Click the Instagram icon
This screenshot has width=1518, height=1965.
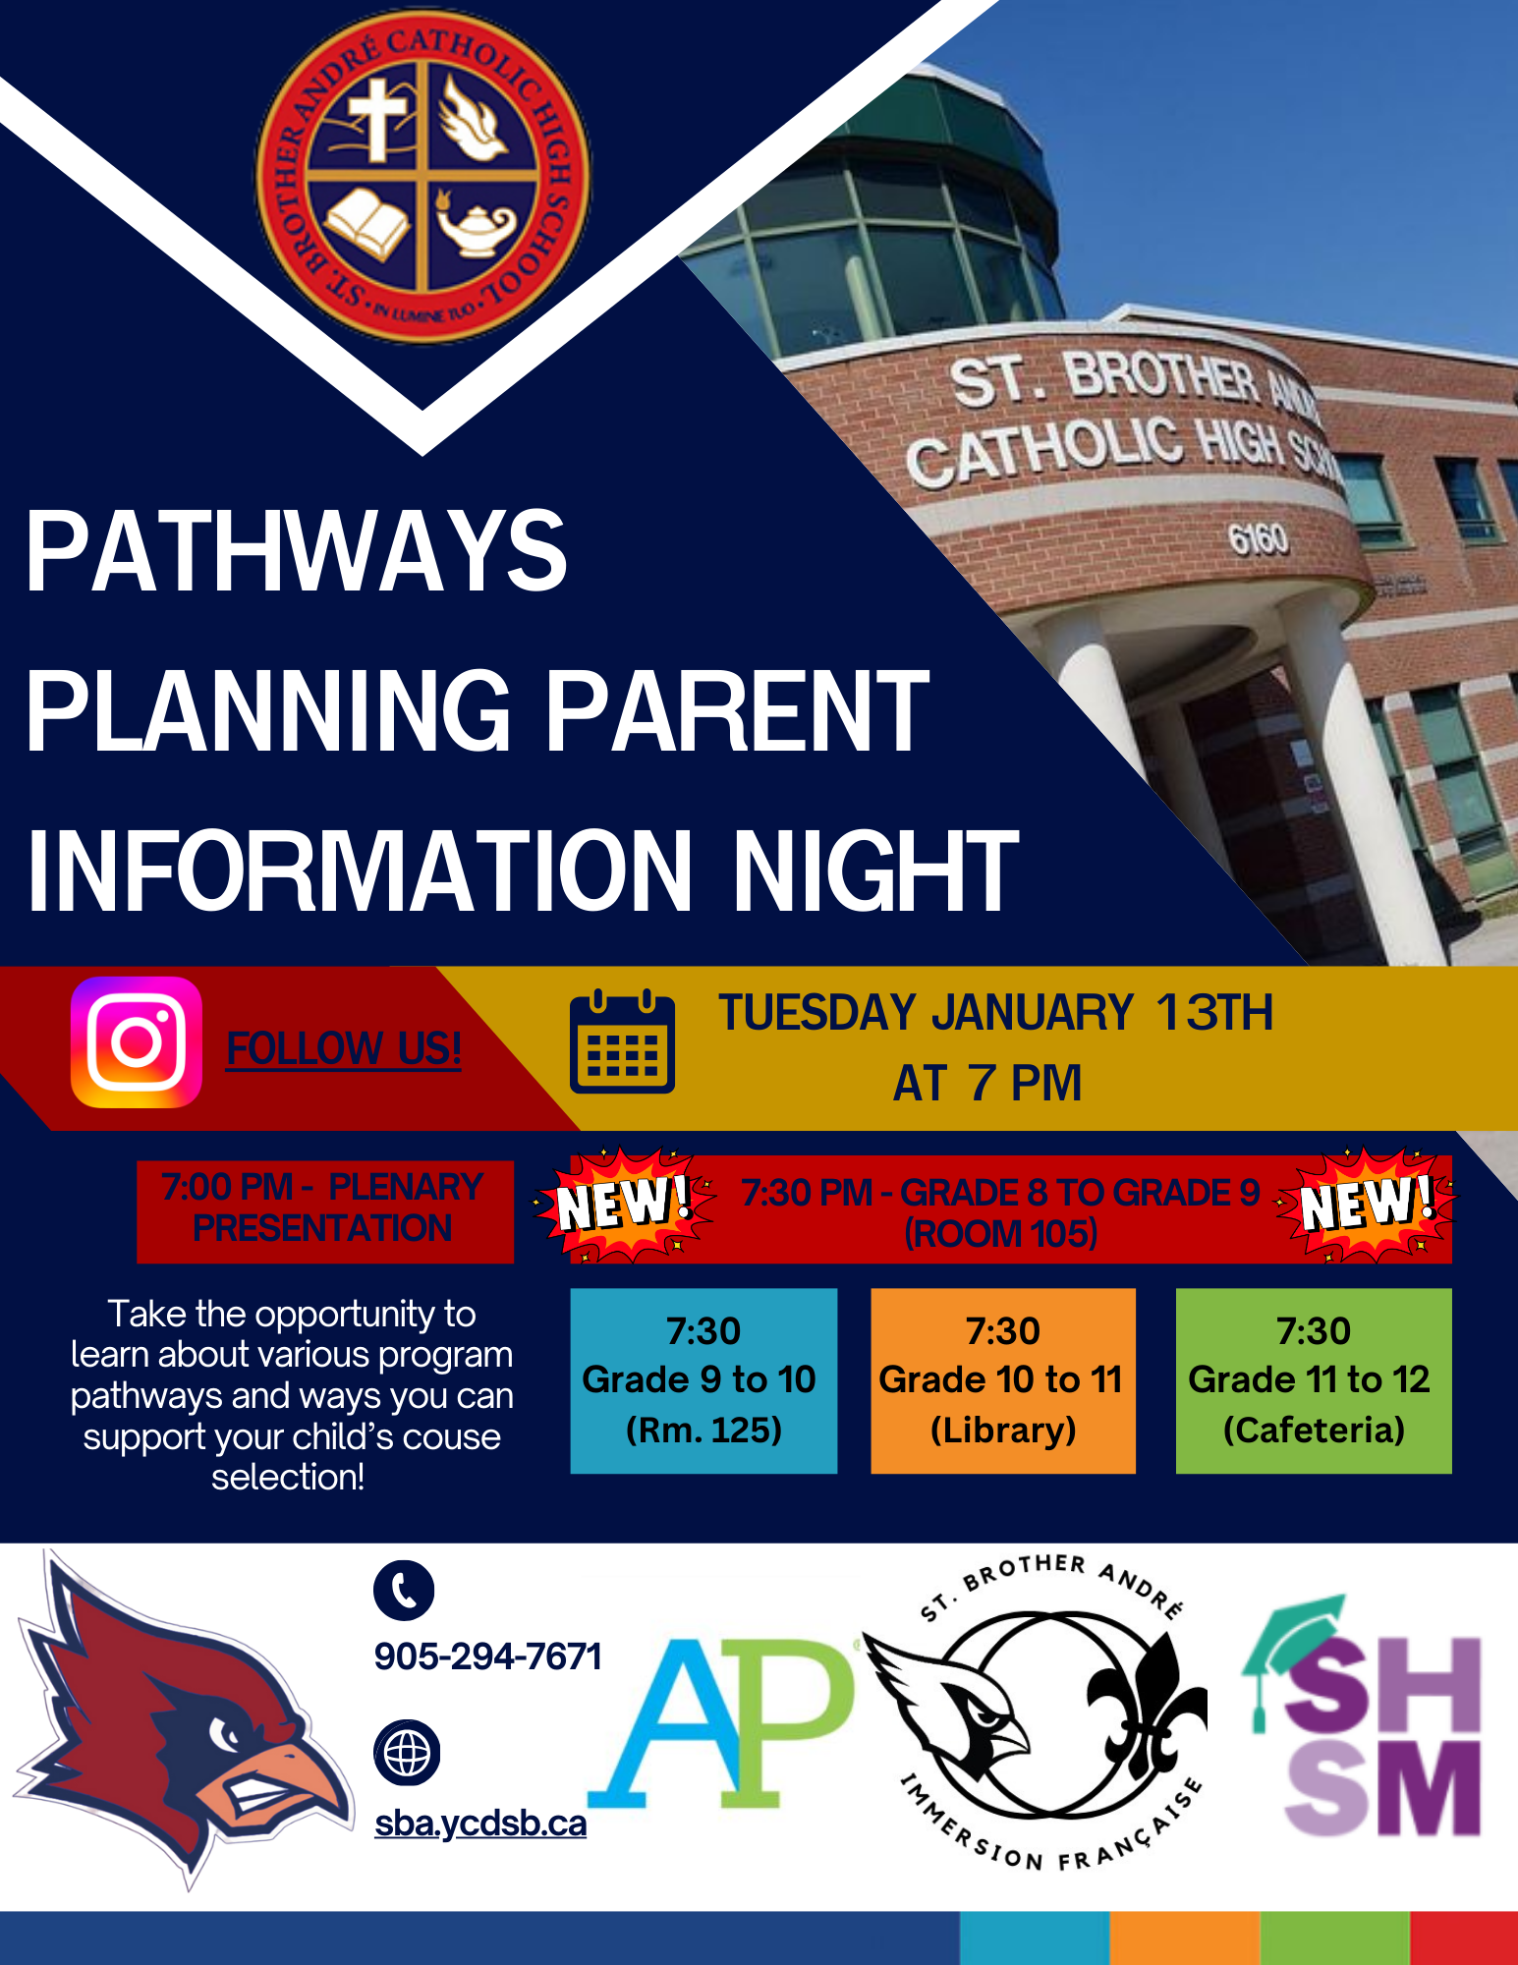tap(137, 1042)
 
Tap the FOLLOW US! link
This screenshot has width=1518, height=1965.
tap(344, 1048)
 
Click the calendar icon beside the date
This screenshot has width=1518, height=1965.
tap(622, 1041)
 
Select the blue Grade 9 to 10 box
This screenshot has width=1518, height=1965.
tap(703, 1380)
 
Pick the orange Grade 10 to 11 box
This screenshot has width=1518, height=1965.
tap(1003, 1380)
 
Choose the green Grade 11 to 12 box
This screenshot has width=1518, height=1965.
tap(1314, 1380)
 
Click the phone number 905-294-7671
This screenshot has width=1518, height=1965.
tap(488, 1656)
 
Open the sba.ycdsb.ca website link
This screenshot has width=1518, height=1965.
tap(480, 1824)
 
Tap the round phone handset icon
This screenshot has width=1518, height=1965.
tap(404, 1590)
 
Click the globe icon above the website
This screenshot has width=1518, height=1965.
tap(407, 1753)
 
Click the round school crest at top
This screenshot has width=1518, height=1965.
tap(423, 178)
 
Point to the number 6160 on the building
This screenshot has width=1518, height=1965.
tap(1258, 538)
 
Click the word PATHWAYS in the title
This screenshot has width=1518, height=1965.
tap(297, 552)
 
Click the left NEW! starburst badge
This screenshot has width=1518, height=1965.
tap(623, 1205)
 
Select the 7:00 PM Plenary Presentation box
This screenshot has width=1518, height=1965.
tap(325, 1211)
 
